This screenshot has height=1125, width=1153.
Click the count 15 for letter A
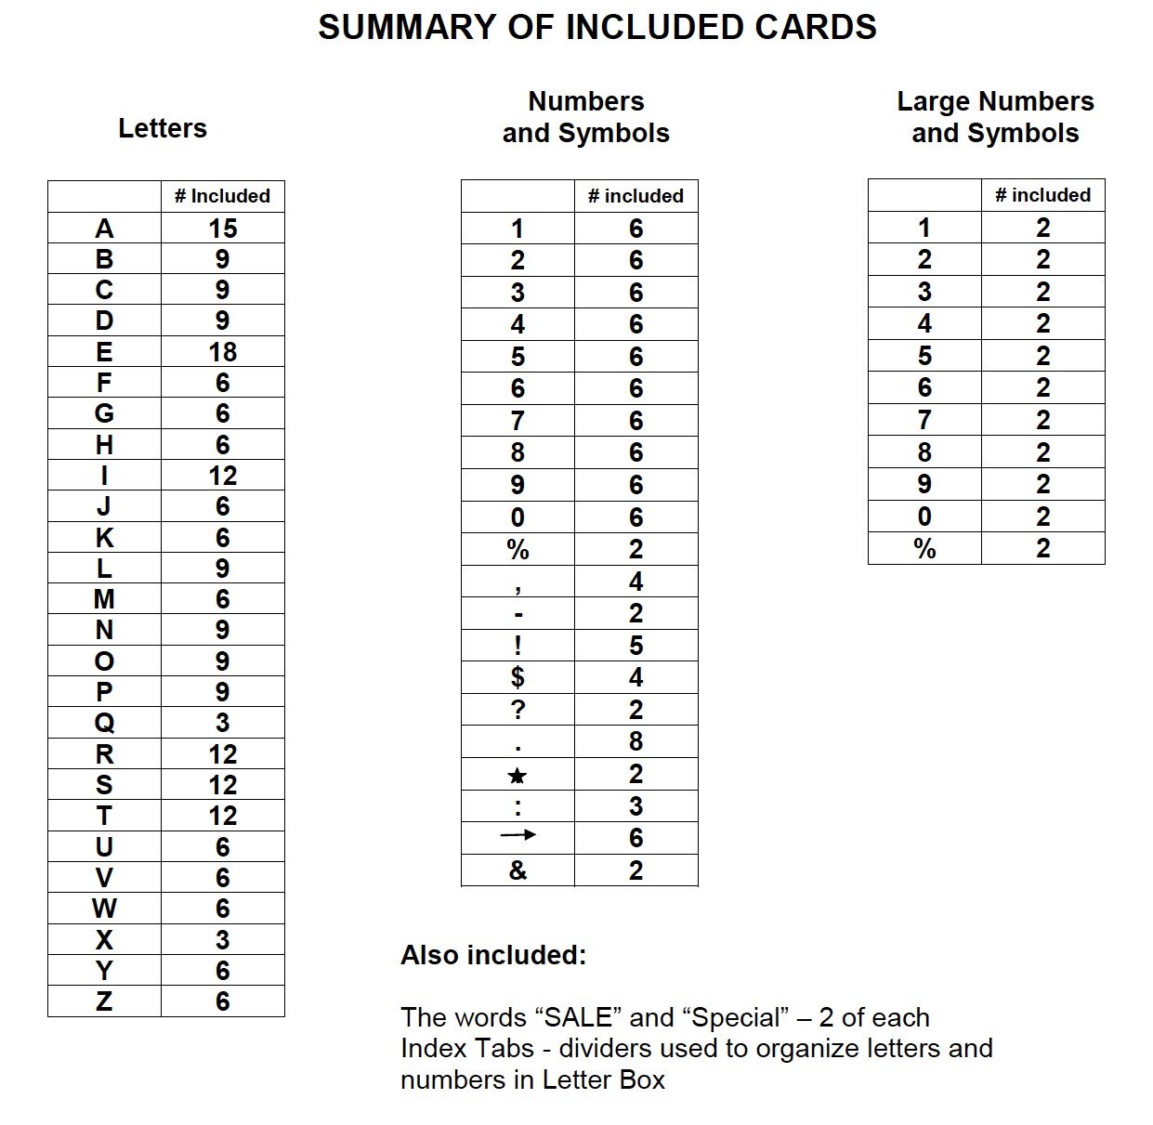[223, 229]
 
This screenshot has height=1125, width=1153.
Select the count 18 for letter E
[223, 352]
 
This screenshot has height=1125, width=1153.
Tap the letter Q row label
[104, 723]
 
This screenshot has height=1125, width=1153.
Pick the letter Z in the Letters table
[104, 1001]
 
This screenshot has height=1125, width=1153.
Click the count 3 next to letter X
[223, 940]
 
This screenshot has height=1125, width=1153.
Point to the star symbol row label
[518, 776]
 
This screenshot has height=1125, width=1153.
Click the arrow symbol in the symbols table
[518, 835]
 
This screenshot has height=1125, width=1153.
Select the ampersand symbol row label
[518, 870]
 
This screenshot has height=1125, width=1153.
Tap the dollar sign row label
[518, 678]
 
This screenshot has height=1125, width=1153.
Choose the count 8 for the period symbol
[635, 742]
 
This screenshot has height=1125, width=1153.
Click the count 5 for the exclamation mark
[635, 646]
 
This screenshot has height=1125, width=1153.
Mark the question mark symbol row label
[518, 711]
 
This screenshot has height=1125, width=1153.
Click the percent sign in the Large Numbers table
[924, 549]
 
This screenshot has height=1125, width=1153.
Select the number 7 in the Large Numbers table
[924, 421]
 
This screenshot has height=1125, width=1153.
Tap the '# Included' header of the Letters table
[222, 196]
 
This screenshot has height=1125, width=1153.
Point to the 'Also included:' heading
[493, 955]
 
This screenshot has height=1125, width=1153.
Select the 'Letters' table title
[163, 128]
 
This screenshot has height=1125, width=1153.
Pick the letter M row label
[104, 599]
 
